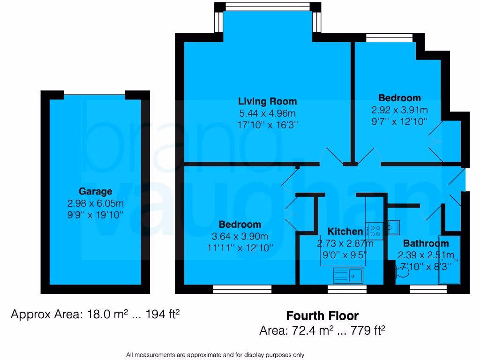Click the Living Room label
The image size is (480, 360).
point(267,101)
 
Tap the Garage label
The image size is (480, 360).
point(96,191)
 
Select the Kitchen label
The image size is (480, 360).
point(345,231)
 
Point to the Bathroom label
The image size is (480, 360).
point(426,243)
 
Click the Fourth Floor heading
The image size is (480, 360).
point(322,315)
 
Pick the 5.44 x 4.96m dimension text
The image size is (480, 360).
point(267,113)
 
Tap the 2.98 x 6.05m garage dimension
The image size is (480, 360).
point(96,203)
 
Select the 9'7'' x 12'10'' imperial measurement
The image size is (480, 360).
point(399,122)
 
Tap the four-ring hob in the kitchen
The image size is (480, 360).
point(375,231)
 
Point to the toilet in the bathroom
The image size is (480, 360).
point(401,272)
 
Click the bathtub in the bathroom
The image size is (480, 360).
point(450,261)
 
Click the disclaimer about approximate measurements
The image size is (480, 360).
point(215,355)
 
